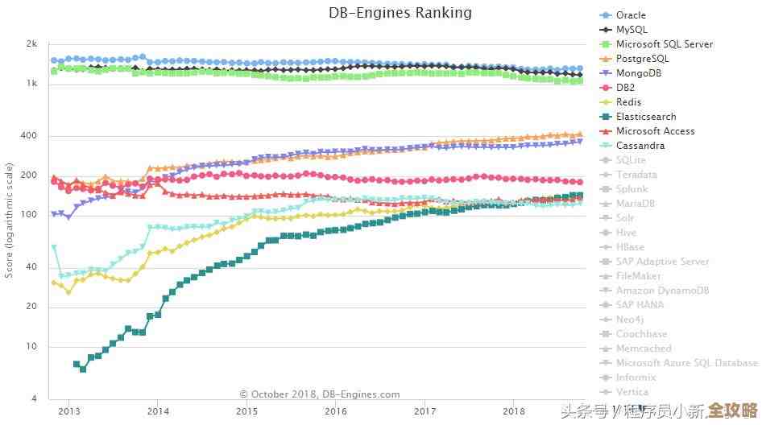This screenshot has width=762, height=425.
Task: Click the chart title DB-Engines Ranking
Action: pyautogui.click(x=400, y=13)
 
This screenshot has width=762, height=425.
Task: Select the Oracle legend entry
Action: pyautogui.click(x=630, y=15)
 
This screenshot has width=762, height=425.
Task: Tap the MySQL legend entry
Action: pyautogui.click(x=631, y=30)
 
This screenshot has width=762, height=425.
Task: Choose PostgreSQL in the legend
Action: pyautogui.click(x=642, y=59)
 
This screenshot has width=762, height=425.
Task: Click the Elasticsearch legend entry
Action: pyautogui.click(x=645, y=117)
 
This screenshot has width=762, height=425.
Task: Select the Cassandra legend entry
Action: pyautogui.click(x=640, y=146)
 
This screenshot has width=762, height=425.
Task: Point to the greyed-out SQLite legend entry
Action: pyautogui.click(x=631, y=160)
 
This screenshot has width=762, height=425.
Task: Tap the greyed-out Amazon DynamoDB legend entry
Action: pyautogui.click(x=662, y=291)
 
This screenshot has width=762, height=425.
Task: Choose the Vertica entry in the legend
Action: pyautogui.click(x=632, y=392)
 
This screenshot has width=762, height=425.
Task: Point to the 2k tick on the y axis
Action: pyautogui.click(x=32, y=44)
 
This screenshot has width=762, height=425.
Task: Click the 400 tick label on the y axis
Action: pyautogui.click(x=30, y=135)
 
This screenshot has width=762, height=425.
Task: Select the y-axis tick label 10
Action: pyautogui.click(x=32, y=347)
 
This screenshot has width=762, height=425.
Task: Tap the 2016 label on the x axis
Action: pyautogui.click(x=336, y=411)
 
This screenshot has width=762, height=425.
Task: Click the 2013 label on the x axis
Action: pyautogui.click(x=68, y=411)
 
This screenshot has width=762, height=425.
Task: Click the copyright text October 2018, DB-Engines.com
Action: pyautogui.click(x=320, y=394)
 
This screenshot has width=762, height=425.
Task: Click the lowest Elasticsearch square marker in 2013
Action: pyautogui.click(x=83, y=369)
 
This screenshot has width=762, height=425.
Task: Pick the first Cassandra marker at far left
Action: pyautogui.click(x=54, y=247)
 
